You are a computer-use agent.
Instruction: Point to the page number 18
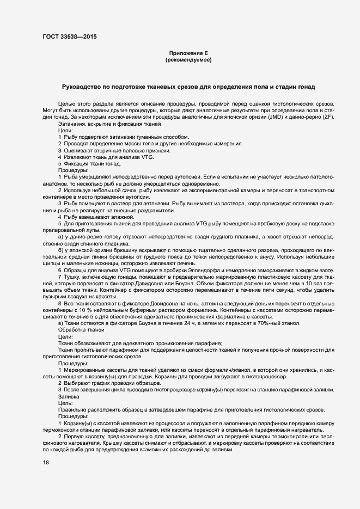tap(45, 462)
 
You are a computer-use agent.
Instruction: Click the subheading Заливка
tap(69, 397)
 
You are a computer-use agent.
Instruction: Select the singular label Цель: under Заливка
tap(66, 403)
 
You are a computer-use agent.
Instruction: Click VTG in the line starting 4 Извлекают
tap(147, 157)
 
